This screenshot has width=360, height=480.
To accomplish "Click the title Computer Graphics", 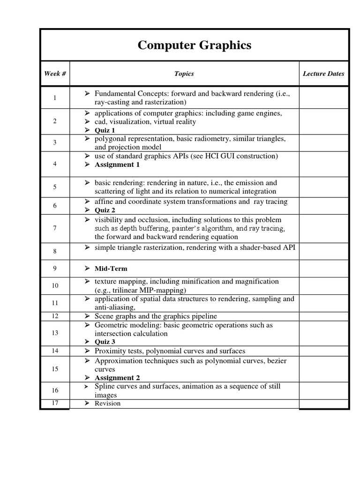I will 194,45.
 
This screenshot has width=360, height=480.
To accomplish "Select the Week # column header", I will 55,74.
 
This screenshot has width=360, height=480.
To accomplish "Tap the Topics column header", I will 184,74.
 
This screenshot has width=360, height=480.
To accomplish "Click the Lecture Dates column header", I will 323,74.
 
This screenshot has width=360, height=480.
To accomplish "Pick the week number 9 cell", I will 55,269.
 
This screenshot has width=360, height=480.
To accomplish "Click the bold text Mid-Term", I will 111,269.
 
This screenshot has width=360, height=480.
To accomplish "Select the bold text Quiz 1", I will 105,130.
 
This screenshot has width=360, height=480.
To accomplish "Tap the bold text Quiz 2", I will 105,210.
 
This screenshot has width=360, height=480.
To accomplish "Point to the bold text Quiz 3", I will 105,342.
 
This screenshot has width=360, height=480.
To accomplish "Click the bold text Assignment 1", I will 117,165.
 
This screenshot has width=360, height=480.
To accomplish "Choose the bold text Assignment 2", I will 117,378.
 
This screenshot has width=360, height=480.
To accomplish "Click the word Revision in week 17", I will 107,404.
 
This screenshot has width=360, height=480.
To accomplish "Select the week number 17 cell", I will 55,404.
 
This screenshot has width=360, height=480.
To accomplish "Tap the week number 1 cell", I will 55,98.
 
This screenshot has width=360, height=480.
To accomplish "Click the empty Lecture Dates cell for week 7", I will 323,229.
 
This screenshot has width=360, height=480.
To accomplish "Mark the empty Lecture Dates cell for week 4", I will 323,164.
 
